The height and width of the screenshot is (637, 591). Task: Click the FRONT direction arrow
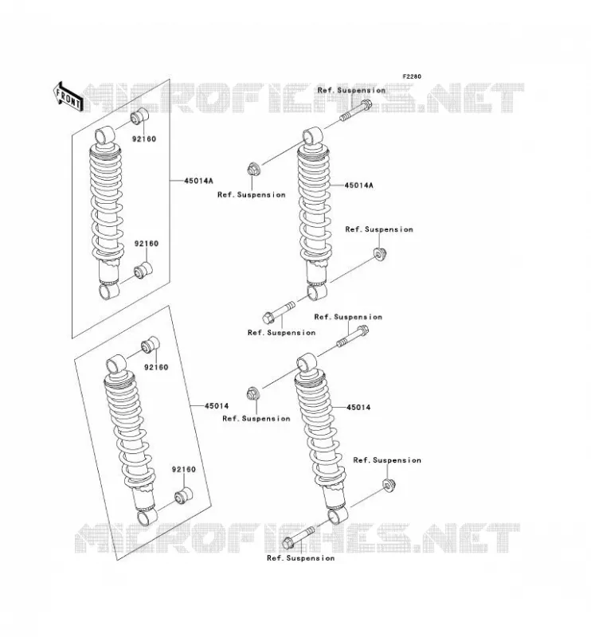[68, 98]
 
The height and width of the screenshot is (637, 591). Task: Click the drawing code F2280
[412, 76]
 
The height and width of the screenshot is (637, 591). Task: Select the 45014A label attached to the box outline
[198, 181]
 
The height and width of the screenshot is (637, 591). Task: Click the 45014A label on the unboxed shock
[358, 186]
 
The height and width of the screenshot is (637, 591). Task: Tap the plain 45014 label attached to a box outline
[216, 406]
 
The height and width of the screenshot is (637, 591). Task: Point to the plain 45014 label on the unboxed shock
[358, 407]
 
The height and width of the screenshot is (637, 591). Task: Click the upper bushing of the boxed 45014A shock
[139, 116]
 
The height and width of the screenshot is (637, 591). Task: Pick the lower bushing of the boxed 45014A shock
[143, 271]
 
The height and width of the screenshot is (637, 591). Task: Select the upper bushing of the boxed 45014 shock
[150, 345]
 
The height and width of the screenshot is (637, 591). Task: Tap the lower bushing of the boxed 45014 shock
[183, 494]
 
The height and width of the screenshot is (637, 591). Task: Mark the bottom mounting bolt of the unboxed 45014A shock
[279, 312]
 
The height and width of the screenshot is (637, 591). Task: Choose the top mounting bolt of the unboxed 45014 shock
[352, 336]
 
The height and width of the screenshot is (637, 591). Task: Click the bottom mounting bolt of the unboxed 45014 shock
[298, 537]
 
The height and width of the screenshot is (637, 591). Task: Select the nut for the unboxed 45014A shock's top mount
[253, 169]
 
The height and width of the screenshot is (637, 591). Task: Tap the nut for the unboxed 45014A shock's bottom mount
[380, 254]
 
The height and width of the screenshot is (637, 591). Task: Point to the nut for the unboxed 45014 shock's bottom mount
[389, 485]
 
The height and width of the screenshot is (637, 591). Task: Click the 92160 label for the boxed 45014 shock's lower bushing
[184, 469]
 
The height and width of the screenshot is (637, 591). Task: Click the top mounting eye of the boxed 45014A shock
[105, 135]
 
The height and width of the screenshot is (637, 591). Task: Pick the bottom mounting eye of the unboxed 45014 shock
[338, 515]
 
